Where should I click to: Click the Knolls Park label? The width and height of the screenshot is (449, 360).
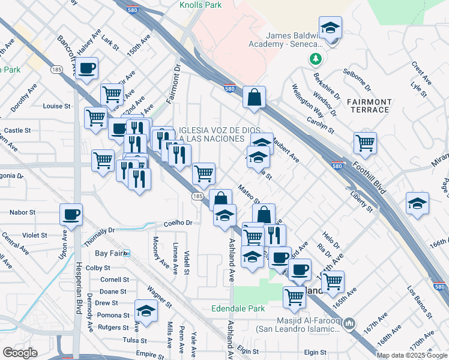(200, 5)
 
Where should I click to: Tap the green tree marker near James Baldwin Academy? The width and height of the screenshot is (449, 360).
(315, 59)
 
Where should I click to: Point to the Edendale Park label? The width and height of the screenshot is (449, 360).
(238, 308)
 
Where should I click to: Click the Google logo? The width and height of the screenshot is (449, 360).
(20, 353)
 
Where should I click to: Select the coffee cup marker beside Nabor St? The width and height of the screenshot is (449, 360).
(71, 214)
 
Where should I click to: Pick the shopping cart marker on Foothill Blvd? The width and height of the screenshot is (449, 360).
(365, 143)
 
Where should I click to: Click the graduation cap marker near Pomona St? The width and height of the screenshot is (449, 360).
(145, 310)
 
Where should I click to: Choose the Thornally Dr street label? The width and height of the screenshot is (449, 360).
(100, 233)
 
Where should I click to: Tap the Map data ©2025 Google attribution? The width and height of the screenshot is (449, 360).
(412, 355)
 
